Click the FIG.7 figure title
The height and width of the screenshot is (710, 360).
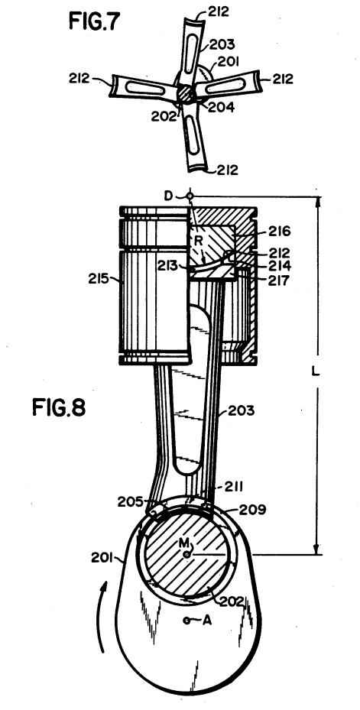click(x=95, y=21)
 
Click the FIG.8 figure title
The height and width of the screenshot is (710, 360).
click(x=59, y=407)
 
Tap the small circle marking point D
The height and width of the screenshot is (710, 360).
click(x=190, y=196)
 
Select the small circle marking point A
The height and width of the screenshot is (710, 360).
click(x=186, y=620)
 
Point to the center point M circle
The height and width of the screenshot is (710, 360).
click(x=186, y=554)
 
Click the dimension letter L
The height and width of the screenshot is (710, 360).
click(x=316, y=371)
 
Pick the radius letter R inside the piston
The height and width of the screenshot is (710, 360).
click(x=197, y=240)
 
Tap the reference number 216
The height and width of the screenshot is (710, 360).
click(x=279, y=232)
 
